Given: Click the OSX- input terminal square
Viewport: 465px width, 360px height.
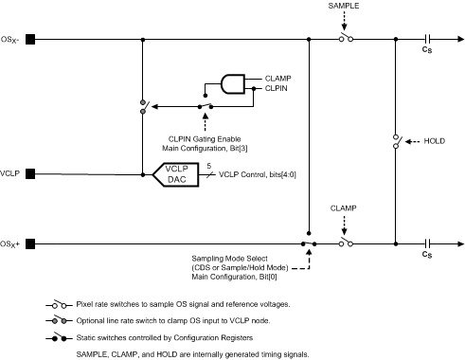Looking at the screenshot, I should pyautogui.click(x=30, y=39).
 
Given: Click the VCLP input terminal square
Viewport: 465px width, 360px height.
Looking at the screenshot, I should pyautogui.click(x=30, y=173).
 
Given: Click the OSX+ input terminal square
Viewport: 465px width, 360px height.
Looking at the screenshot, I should pyautogui.click(x=30, y=243).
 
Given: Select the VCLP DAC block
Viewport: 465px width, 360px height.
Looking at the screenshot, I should pyautogui.click(x=177, y=174).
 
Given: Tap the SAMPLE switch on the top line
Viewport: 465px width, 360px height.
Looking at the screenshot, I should pyautogui.click(x=347, y=39).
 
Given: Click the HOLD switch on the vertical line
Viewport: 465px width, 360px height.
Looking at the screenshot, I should pyautogui.click(x=394, y=142).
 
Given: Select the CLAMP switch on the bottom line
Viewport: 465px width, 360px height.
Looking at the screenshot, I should pyautogui.click(x=347, y=243).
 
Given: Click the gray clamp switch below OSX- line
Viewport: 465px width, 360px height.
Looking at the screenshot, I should pyautogui.click(x=143, y=106).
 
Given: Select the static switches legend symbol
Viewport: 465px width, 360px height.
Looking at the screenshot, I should pyautogui.click(x=58, y=338).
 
